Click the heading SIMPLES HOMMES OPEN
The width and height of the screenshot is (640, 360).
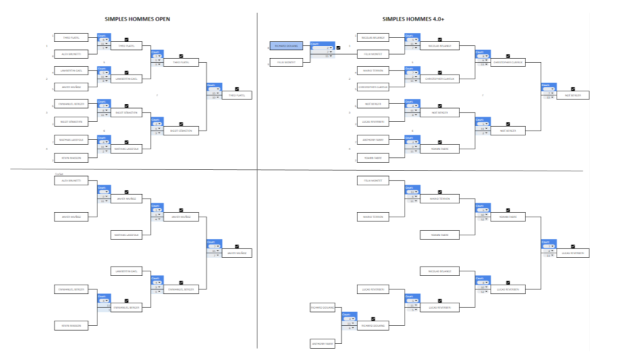(137, 19)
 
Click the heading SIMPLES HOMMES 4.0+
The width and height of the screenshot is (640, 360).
(413, 19)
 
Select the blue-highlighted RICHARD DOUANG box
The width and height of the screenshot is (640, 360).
(287, 46)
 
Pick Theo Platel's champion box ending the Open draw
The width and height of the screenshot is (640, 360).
(237, 95)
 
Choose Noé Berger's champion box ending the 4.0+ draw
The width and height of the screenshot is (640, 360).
(573, 95)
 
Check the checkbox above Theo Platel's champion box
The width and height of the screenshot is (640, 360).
(237, 88)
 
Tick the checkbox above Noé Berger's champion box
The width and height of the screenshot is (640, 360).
(573, 88)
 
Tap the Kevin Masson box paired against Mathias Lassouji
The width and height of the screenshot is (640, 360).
(71, 157)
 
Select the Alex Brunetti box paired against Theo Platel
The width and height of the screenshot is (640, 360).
(71, 53)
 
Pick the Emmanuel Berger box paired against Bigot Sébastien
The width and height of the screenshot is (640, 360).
(71, 105)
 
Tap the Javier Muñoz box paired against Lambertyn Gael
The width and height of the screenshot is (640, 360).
(71, 87)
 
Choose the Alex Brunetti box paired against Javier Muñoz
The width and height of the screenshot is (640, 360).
(71, 181)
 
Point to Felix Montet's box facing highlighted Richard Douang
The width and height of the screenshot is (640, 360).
(287, 63)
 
